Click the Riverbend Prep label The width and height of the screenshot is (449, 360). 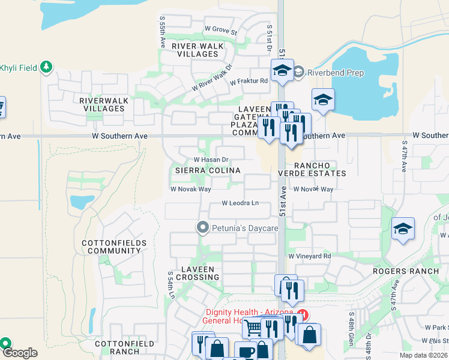(336, 73)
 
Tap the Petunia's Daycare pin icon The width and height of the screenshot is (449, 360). (203, 228)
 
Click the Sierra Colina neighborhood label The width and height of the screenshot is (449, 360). (208, 170)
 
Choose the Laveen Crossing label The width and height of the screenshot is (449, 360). (198, 273)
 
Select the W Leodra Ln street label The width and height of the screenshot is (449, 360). (240, 203)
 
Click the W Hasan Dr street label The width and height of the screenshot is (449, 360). (211, 160)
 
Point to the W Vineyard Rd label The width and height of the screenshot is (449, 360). (310, 256)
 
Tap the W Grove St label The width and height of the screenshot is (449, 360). (221, 29)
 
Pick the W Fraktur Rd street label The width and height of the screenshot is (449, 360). (249, 81)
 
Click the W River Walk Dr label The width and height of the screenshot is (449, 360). (212, 79)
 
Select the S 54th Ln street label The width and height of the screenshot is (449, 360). (170, 285)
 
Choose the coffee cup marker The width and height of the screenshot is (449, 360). (245, 352)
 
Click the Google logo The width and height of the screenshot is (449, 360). (20, 353)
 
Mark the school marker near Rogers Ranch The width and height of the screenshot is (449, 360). (402, 229)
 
